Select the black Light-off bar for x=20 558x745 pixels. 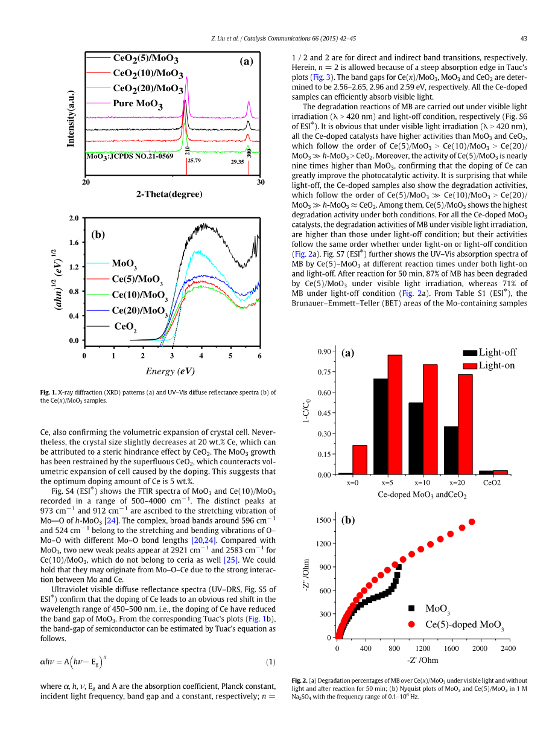[451, 450]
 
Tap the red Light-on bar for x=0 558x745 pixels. [360, 459]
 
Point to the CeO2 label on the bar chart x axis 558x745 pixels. [492, 484]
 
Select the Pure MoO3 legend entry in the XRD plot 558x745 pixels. [138, 103]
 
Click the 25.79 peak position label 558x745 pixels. [194, 161]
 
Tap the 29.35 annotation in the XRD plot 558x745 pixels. [237, 162]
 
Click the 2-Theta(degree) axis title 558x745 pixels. [170, 194]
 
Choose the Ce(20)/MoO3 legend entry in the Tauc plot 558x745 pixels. [139, 310]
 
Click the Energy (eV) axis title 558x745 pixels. [170, 371]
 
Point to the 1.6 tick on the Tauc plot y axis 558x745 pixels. [74, 242]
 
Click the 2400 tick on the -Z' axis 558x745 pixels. [509, 648]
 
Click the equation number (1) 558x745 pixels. [271, 662]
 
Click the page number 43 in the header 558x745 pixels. [524, 39]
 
